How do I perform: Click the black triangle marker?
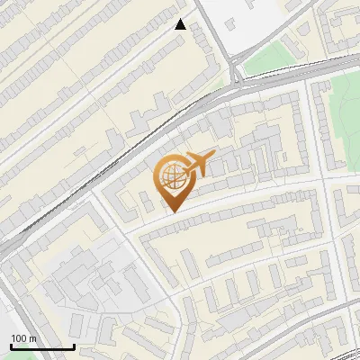coord(181,24)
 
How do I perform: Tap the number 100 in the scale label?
coord(18,338)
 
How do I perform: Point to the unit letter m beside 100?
coord(32,338)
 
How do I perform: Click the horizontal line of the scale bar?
coord(42,347)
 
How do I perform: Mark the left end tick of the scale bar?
coord(11,346)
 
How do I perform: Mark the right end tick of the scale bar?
coord(74,346)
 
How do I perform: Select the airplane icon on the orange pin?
coord(197,164)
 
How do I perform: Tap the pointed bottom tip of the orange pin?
coord(171,211)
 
